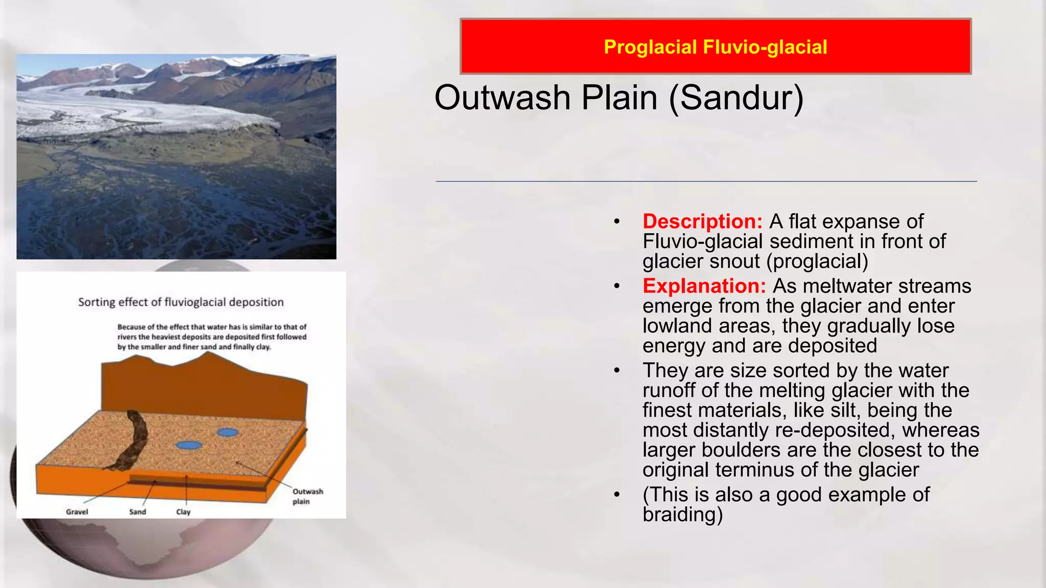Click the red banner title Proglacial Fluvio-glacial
[715, 47]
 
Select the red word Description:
[702, 222]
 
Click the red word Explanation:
[704, 286]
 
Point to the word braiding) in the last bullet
[682, 514]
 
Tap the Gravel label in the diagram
[77, 511]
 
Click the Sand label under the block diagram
[137, 511]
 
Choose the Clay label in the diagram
[183, 511]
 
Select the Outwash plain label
[307, 496]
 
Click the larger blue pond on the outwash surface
[189, 445]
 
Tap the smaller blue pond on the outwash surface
[227, 432]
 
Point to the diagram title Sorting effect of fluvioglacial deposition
[181, 302]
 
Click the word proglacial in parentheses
[817, 262]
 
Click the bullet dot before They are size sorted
[617, 371]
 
